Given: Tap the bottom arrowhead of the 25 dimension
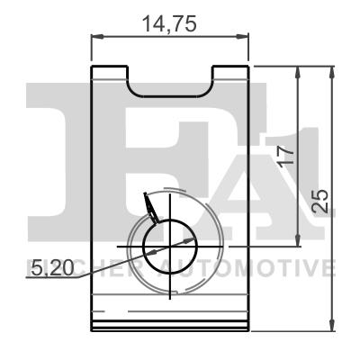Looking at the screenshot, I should (x=334, y=325).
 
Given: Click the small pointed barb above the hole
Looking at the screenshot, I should (x=150, y=208).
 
